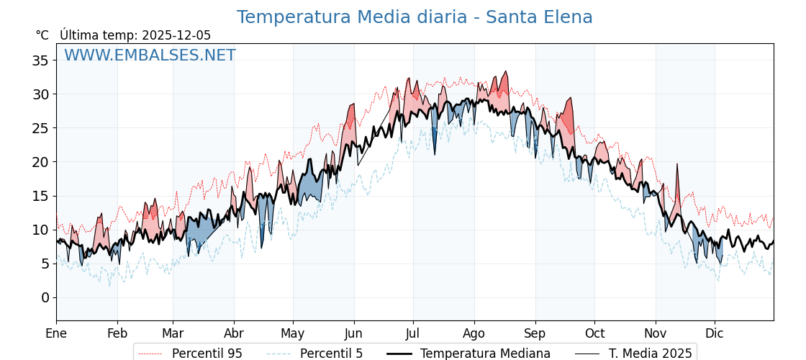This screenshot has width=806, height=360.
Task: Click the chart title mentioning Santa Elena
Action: click(415, 17)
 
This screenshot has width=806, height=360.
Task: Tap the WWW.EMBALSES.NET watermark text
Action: click(150, 55)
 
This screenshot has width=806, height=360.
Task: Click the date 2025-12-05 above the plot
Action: click(176, 35)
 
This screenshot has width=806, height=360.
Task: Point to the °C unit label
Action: click(42, 35)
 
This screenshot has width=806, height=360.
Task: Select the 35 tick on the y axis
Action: click(40, 60)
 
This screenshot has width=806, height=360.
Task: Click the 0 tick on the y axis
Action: click(45, 297)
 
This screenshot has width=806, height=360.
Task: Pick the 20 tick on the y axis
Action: click(40, 162)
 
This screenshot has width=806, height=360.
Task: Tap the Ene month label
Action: click(56, 333)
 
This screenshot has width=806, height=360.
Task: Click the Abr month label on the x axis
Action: click(234, 333)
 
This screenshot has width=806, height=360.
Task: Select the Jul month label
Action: click(413, 333)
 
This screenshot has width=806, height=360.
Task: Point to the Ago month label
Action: click(474, 333)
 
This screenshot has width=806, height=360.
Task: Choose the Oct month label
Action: click(594, 333)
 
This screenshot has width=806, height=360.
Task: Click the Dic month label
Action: click(715, 333)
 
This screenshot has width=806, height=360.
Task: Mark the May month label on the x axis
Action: click(293, 333)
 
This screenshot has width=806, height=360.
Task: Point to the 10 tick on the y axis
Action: click(40, 230)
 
